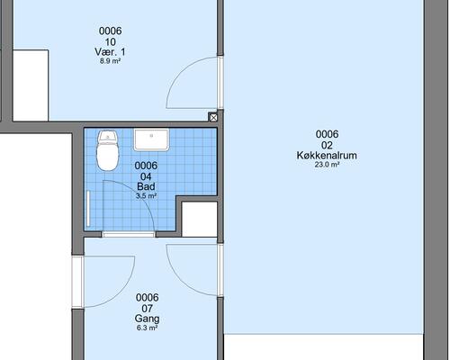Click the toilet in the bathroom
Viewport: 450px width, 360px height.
tap(108, 150)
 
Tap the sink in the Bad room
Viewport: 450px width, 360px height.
tap(151, 139)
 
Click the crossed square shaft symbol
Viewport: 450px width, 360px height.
tap(213, 117)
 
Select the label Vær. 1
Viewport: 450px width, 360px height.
tap(110, 52)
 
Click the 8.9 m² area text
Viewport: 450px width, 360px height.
tap(110, 61)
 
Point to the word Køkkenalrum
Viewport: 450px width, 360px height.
tap(327, 156)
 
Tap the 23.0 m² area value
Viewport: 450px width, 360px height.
tap(327, 165)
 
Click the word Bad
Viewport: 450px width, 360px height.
tap(146, 186)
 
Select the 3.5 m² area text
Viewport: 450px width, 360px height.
tap(146, 196)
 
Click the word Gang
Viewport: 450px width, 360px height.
tap(147, 319)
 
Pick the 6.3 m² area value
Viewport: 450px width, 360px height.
tap(147, 328)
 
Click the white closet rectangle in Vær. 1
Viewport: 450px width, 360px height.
tap(31, 85)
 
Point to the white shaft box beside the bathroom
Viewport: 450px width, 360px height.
tap(200, 219)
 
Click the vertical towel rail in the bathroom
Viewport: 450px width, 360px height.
tap(88, 208)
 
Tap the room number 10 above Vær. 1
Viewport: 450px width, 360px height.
tap(111, 41)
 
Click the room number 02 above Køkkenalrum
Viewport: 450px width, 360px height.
tap(327, 145)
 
